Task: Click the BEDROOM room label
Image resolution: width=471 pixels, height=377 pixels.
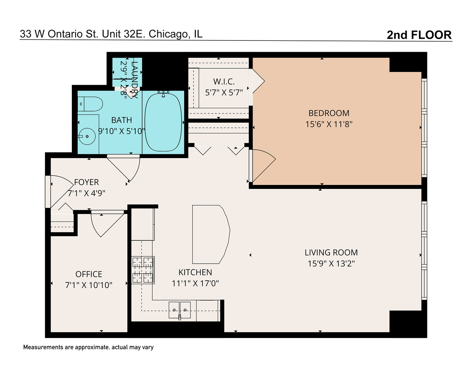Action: coord(329,113)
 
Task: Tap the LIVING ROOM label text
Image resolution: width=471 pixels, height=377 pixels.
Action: coord(331,252)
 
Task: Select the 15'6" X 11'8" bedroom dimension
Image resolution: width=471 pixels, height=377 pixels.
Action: coord(329,124)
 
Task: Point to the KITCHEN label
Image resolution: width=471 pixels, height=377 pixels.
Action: coord(195,272)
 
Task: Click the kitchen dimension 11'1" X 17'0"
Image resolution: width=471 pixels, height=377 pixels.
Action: coord(195,283)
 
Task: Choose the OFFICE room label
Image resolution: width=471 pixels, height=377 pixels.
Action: coord(89,274)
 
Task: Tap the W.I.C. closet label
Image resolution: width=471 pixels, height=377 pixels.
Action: coord(224,82)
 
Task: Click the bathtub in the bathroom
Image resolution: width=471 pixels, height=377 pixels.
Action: coord(163,122)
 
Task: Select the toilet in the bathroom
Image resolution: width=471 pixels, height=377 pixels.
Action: coord(90,104)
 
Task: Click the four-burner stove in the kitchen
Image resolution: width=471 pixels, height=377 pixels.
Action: coord(143,270)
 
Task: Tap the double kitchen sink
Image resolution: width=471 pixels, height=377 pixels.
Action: coord(180,310)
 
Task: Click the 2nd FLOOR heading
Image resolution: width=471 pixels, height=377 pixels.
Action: coord(419,35)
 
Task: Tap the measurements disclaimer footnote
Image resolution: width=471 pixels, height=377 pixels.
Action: coord(88,347)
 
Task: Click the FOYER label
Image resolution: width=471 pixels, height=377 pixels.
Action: coord(86,182)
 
